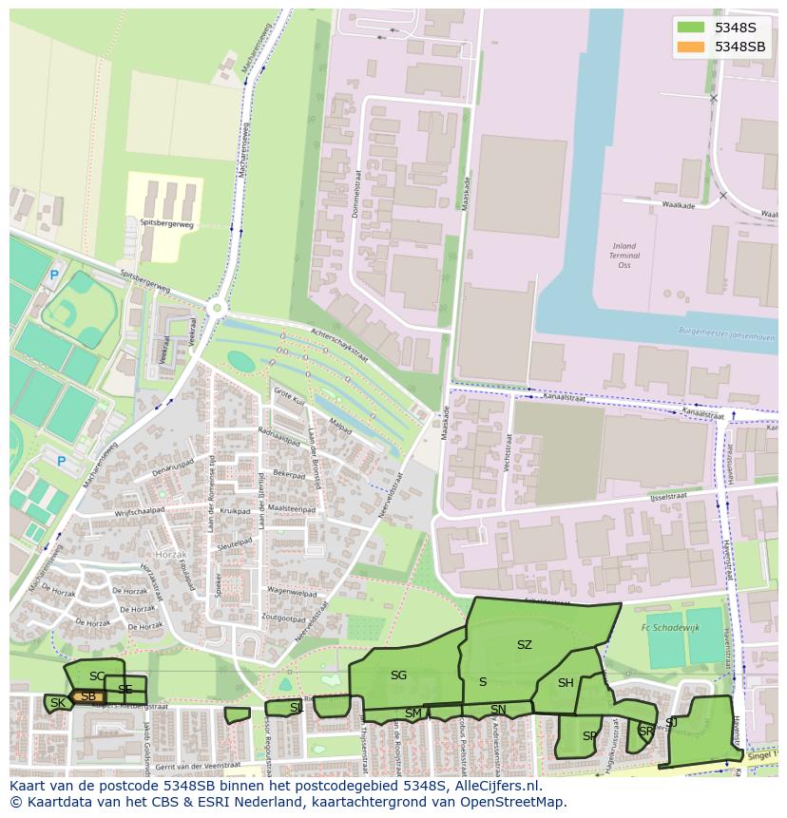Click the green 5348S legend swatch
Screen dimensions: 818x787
coord(691,28)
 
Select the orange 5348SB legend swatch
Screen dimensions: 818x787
coord(691,47)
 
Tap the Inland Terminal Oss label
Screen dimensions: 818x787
coord(624,256)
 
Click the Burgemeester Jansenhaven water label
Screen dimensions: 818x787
coord(727,335)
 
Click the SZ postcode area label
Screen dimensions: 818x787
coord(525,645)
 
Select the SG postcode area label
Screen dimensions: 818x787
coord(398,675)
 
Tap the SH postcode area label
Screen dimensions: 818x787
coord(566,683)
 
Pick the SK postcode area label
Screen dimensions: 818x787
coord(58,703)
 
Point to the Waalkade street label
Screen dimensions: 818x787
coord(678,205)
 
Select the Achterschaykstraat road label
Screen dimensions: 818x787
coord(339,346)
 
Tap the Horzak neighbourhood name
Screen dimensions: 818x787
coord(172,553)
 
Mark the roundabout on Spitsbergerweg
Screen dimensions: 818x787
coord(217,307)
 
